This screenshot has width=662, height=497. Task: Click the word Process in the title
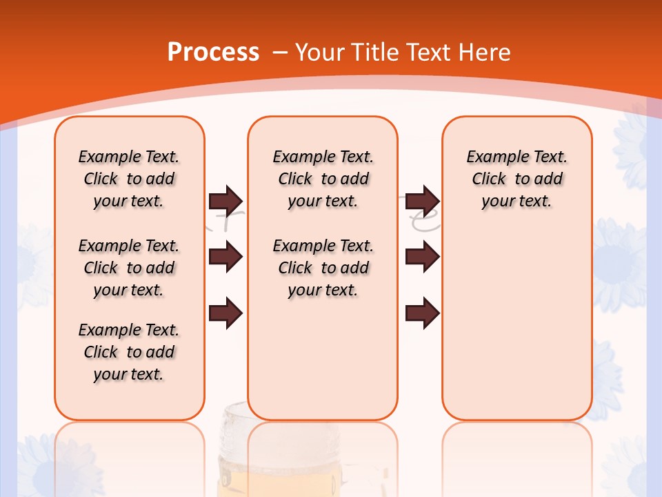[212, 52]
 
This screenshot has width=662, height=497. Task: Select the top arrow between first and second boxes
[225, 201]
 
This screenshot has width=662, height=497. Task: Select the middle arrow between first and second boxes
[225, 257]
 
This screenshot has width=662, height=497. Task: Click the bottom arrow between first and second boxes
[225, 313]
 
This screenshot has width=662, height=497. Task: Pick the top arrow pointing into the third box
[422, 201]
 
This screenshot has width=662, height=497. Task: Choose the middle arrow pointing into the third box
[422, 257]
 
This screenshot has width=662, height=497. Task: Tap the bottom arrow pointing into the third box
[422, 313]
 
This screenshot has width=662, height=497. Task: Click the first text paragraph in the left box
[129, 179]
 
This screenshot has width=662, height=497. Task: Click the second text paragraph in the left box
[129, 268]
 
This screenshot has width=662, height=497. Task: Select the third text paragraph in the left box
[129, 352]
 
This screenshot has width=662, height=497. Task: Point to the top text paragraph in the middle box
[323, 179]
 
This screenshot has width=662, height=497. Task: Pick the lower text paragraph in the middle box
[323, 268]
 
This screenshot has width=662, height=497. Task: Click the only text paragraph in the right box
[516, 179]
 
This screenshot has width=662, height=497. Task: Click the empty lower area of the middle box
[323, 359]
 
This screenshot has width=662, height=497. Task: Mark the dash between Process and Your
[280, 53]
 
